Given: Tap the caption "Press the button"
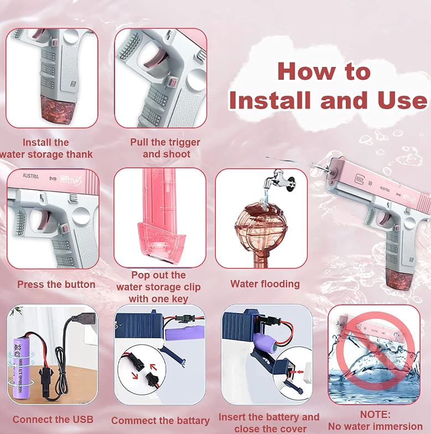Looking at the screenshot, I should click(x=56, y=285).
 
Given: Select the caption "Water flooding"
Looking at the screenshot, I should click(x=265, y=284).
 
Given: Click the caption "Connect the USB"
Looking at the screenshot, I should click(x=53, y=419).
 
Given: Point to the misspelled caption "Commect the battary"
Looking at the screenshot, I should click(x=160, y=421).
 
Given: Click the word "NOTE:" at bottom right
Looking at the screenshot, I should click(x=375, y=414).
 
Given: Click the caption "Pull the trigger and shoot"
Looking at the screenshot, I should click(x=165, y=148).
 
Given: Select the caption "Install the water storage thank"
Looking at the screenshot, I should click(x=46, y=148).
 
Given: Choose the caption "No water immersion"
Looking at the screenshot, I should click(x=376, y=426).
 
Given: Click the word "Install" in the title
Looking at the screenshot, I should click(x=268, y=101).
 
